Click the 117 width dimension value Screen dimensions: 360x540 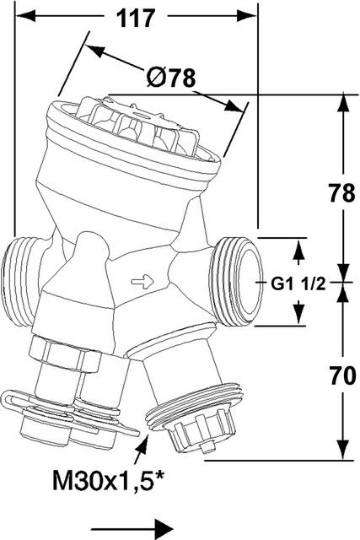click(x=136, y=18)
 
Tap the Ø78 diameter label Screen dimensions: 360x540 click(x=171, y=78)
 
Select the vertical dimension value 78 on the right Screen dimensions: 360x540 click(x=341, y=193)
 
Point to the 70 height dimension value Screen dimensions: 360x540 click(x=342, y=375)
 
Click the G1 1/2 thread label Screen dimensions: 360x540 click(x=298, y=284)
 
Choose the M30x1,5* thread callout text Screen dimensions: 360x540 click(x=109, y=480)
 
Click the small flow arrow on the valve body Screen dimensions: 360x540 click(x=142, y=282)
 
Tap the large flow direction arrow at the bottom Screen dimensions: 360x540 click(x=132, y=528)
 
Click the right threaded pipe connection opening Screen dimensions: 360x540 click(x=246, y=281)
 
